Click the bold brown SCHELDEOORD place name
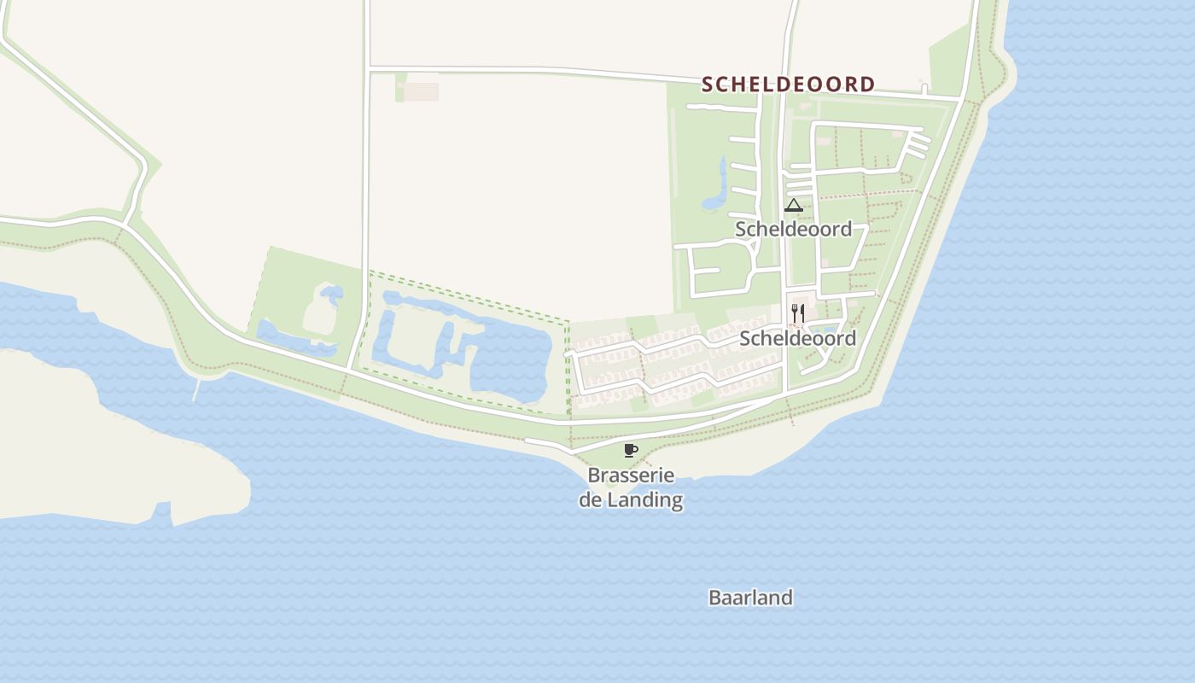click(788, 85)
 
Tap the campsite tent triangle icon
click(794, 205)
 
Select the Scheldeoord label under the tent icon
click(793, 229)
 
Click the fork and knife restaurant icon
click(797, 312)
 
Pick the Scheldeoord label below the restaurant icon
click(797, 338)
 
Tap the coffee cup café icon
click(630, 450)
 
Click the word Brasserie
click(631, 476)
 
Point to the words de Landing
click(631, 500)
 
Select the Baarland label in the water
click(750, 598)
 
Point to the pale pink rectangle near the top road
click(421, 91)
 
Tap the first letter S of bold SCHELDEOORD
click(708, 85)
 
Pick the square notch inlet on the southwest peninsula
click(162, 513)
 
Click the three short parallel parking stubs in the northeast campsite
click(916, 146)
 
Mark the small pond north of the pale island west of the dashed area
click(331, 295)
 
